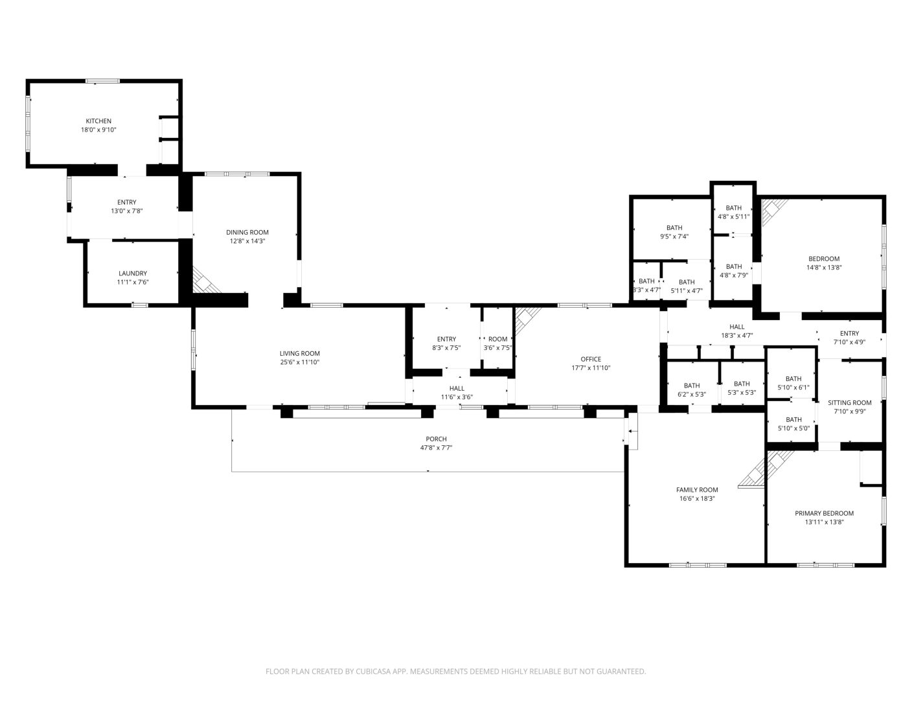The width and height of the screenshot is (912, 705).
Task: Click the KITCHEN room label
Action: (98, 121)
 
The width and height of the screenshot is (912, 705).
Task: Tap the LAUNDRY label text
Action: (133, 273)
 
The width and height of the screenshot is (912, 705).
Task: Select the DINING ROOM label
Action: (247, 232)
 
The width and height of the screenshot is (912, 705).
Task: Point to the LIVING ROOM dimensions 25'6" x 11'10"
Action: (300, 362)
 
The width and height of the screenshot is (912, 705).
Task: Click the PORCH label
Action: (436, 439)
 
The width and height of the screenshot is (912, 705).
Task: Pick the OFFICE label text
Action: (591, 360)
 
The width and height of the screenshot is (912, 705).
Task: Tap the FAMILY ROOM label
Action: (697, 490)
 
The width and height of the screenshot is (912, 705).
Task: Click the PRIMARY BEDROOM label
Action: (825, 514)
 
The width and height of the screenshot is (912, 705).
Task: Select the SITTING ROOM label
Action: (849, 402)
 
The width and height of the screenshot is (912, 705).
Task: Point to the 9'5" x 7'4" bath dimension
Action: (674, 237)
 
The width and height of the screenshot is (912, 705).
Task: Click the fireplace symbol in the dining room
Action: (206, 280)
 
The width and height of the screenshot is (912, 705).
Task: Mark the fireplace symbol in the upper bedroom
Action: (774, 213)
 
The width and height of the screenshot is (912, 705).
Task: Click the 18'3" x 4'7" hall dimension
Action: (737, 336)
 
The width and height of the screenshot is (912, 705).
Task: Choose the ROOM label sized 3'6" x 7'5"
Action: (497, 340)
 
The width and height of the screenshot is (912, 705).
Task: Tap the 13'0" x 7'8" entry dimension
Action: (127, 211)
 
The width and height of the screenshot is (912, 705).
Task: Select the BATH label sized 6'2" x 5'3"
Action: (692, 386)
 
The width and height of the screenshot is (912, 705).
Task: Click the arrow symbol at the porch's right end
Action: (630, 431)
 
